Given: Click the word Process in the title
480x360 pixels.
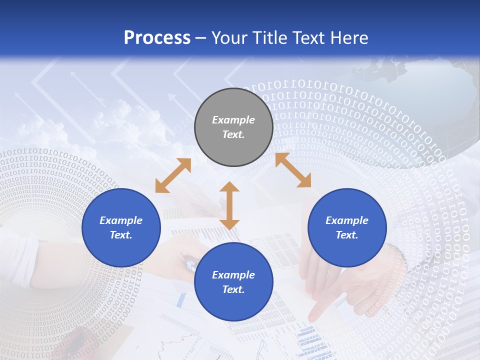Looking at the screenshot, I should [x=157, y=38].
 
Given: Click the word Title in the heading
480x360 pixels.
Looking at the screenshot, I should [x=269, y=38].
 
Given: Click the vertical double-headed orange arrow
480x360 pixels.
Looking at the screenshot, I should [x=229, y=205].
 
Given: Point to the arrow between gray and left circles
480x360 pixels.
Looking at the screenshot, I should [x=173, y=175].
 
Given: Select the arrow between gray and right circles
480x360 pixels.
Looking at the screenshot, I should [x=293, y=170].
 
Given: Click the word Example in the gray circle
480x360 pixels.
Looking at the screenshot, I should [x=233, y=120].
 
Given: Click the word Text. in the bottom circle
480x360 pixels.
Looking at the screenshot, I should [x=233, y=289].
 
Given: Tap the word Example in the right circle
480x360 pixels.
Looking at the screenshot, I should [x=347, y=220].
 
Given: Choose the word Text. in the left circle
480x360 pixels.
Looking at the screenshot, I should [x=121, y=235].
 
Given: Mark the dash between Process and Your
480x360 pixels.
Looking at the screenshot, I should [x=201, y=38].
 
